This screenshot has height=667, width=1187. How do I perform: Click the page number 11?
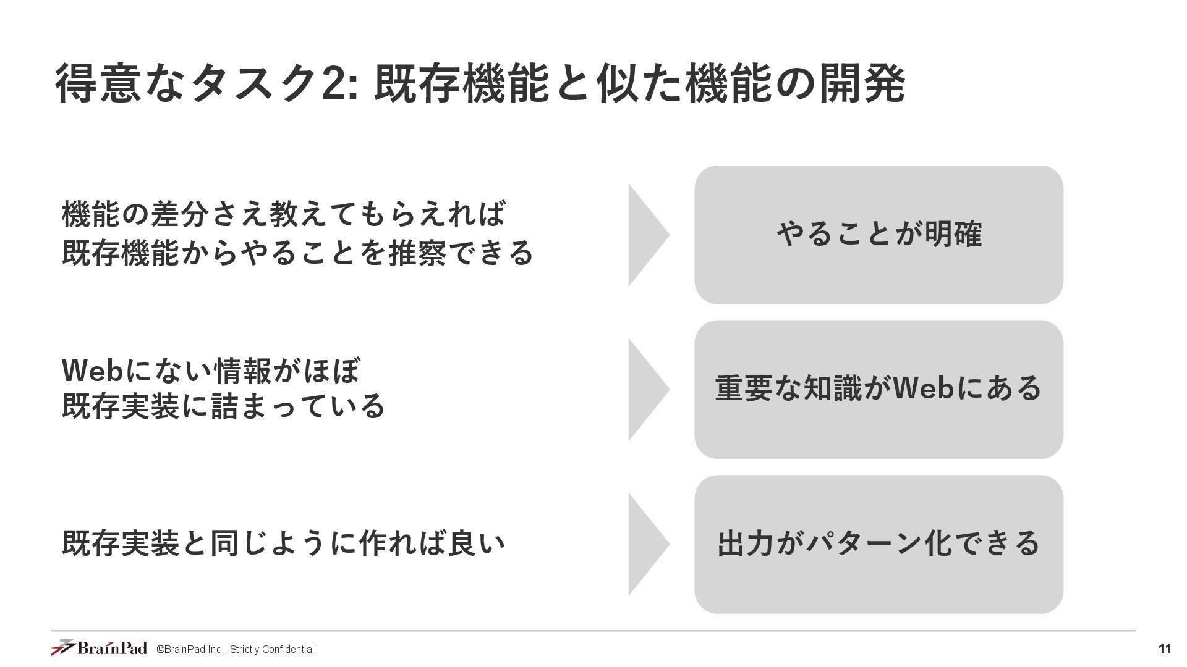pyautogui.click(x=1164, y=648)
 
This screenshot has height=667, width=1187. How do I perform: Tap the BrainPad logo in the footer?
pyautogui.click(x=99, y=648)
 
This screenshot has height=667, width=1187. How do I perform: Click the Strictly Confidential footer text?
pyautogui.click(x=271, y=649)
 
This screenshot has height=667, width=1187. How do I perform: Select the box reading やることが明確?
pyautogui.click(x=879, y=235)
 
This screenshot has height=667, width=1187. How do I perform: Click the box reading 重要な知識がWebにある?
pyautogui.click(x=879, y=389)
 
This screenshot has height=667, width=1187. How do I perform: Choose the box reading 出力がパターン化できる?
pyautogui.click(x=879, y=544)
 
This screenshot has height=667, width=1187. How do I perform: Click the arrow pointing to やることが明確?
pyautogui.click(x=646, y=235)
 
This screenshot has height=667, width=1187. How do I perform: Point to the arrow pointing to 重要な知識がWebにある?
pyautogui.click(x=646, y=389)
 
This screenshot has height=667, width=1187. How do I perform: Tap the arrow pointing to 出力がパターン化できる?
pyautogui.click(x=646, y=544)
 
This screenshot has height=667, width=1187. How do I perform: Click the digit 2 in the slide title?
pyautogui.click(x=334, y=84)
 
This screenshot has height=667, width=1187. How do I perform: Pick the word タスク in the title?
pyautogui.click(x=253, y=84)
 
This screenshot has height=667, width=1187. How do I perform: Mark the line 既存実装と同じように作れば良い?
pyautogui.click(x=284, y=543)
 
